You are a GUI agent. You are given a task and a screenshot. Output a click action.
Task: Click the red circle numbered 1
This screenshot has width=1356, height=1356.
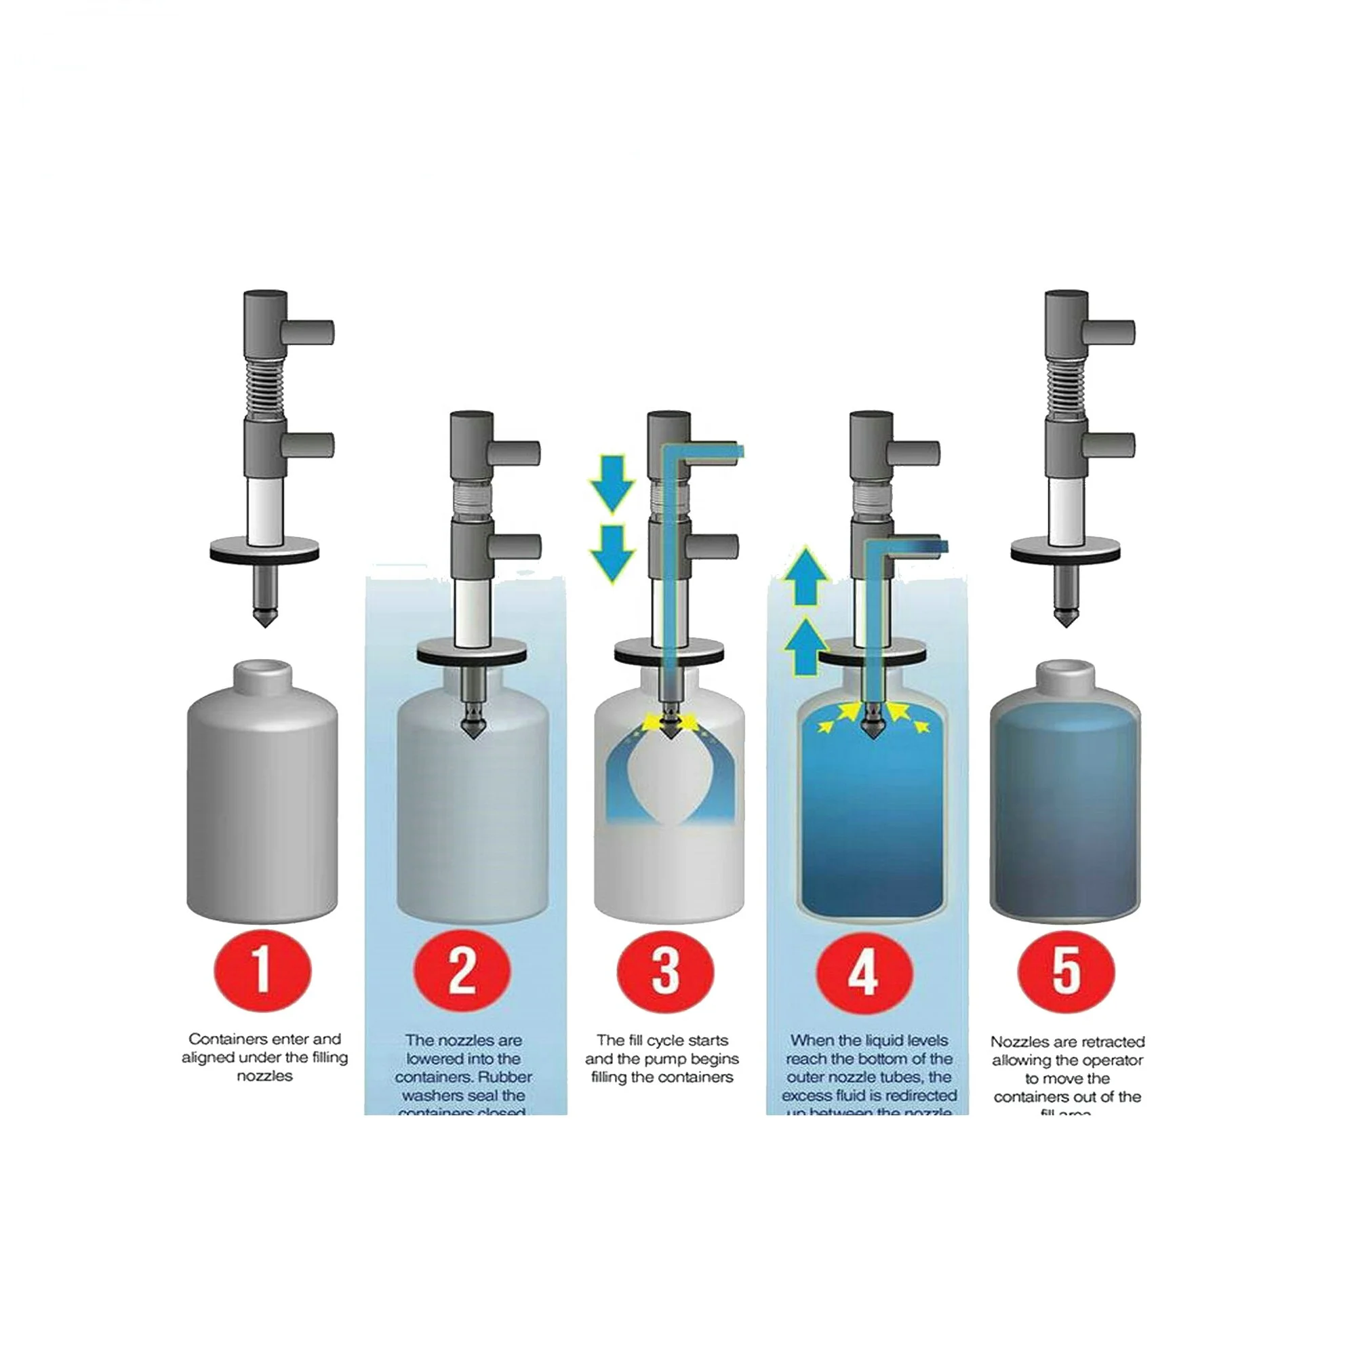pos(262,971)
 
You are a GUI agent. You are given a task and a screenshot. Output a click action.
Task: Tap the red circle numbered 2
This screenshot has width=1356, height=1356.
pos(461,971)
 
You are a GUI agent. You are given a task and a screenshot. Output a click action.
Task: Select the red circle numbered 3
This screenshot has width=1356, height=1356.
pos(664,971)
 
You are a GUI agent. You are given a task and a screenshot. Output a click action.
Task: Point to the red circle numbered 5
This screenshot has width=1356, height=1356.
pos(1065,971)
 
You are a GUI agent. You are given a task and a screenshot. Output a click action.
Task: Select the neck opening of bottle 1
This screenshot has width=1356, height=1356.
pos(262,665)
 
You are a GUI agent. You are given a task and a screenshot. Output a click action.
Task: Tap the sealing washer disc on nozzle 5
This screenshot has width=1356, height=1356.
pos(1064,551)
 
